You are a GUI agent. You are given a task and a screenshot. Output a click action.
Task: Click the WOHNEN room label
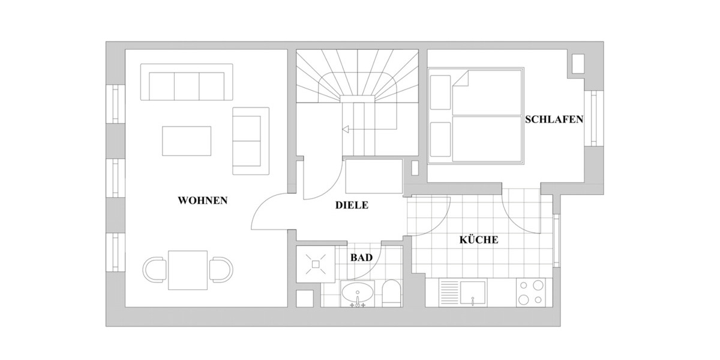coord(203,200)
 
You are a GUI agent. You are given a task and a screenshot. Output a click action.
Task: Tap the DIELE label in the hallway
coord(351,205)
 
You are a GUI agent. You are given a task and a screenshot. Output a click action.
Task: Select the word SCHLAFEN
coord(554,119)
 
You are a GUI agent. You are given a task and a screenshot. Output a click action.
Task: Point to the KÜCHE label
coord(478,240)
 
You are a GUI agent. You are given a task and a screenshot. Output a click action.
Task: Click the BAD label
coord(361,257)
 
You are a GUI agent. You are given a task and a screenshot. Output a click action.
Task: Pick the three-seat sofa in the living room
coord(186,83)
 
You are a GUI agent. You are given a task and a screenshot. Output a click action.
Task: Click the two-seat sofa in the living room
coord(250,141)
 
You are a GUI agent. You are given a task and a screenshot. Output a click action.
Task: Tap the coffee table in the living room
coord(187,141)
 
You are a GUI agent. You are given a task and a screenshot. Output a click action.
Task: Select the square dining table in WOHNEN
coord(188,270)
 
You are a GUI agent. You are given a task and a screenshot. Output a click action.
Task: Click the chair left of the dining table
coord(155,270)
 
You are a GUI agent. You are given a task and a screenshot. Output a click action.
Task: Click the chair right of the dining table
coord(221,270)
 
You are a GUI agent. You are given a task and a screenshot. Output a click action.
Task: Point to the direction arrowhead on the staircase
coord(346,128)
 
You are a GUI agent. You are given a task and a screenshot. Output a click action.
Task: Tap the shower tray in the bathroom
coord(316,263)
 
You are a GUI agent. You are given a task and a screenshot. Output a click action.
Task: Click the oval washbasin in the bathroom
coord(358,294)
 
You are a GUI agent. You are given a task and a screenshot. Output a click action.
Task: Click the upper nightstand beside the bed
coord(440,92)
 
